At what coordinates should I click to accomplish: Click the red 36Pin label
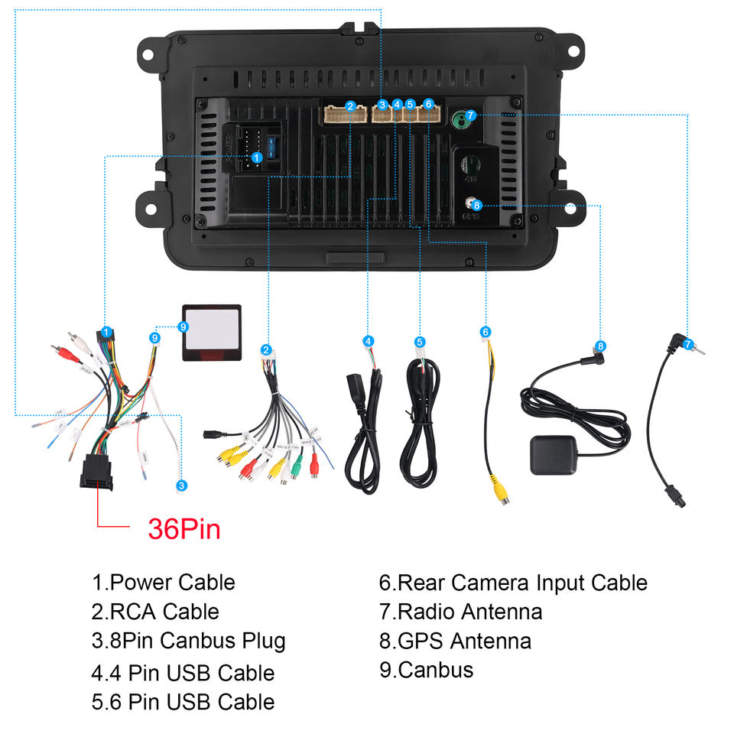coord(184,528)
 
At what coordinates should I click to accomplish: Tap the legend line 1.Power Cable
coord(164,582)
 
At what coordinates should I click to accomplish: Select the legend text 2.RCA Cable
coord(155,612)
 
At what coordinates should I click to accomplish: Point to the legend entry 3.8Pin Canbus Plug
coord(189,641)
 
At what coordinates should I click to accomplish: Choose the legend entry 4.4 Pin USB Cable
coord(183,673)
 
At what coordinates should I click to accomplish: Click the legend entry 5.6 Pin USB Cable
coord(183,701)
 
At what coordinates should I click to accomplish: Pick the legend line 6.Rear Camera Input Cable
coord(513,583)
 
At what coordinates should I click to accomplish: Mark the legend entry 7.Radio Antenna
coord(460,612)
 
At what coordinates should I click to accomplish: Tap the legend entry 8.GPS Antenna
coord(455,640)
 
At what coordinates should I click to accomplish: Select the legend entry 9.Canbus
coord(426,670)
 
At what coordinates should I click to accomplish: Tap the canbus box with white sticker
coord(212,333)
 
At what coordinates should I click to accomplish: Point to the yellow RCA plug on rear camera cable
coord(499,489)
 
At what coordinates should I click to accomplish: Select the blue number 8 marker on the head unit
coord(476,204)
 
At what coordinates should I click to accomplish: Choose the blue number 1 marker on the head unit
coord(257,157)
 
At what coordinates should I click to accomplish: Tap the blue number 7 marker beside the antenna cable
coord(688,344)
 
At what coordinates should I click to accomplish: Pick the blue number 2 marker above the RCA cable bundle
coord(265,349)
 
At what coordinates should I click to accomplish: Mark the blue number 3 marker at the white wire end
coord(181,486)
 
